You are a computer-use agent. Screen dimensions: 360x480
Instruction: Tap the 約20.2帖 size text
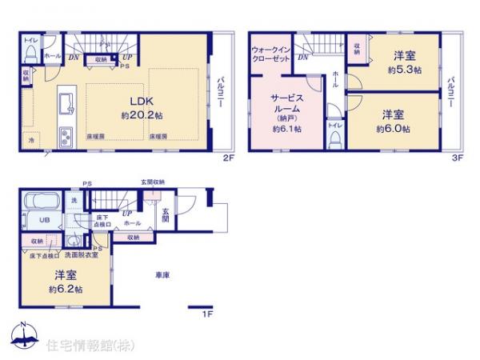(141, 115)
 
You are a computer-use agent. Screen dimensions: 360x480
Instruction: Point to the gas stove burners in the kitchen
(63, 137)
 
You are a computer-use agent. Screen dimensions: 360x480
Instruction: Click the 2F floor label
(227, 158)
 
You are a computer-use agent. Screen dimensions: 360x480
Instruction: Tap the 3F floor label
(458, 158)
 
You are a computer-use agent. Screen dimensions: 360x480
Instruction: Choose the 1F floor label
(206, 314)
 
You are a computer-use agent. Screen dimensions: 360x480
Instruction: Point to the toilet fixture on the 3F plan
(335, 138)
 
